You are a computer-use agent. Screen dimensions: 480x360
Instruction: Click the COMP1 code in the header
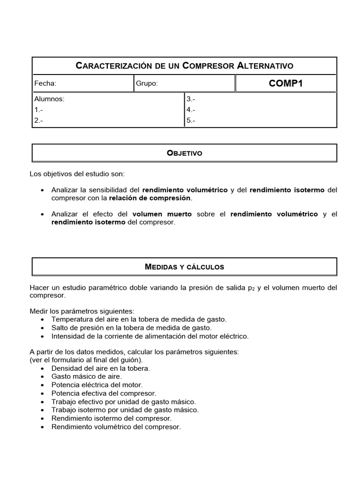(285, 83)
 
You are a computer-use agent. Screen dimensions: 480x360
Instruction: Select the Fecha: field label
(45, 83)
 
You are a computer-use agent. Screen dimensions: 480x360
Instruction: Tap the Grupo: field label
(147, 83)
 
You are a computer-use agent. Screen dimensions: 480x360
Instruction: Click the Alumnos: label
(49, 99)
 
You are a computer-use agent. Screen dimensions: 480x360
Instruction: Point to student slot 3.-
(191, 99)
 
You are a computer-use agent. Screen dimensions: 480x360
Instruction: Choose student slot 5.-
(191, 120)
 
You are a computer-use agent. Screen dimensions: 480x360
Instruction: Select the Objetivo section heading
(185, 153)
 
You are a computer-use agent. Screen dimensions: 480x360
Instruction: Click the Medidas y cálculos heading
(185, 267)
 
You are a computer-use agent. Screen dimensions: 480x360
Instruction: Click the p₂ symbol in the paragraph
(251, 287)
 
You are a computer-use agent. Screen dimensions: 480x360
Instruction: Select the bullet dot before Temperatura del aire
(43, 319)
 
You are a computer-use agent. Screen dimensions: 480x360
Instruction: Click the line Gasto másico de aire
(87, 376)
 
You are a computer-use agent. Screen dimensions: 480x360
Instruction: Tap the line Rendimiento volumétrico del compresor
(116, 427)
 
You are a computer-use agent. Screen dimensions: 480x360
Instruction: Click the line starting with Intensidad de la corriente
(150, 336)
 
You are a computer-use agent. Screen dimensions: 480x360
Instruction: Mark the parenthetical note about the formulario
(86, 360)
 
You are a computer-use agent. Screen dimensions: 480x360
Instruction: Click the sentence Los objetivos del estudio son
(77, 174)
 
